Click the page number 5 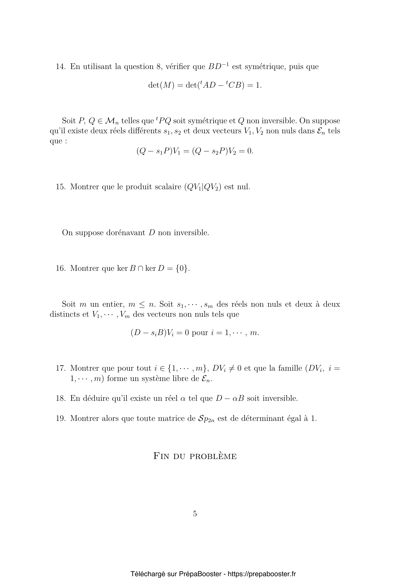(x=195, y=514)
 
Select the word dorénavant (x=126, y=233)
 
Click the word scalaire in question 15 (x=168, y=187)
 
